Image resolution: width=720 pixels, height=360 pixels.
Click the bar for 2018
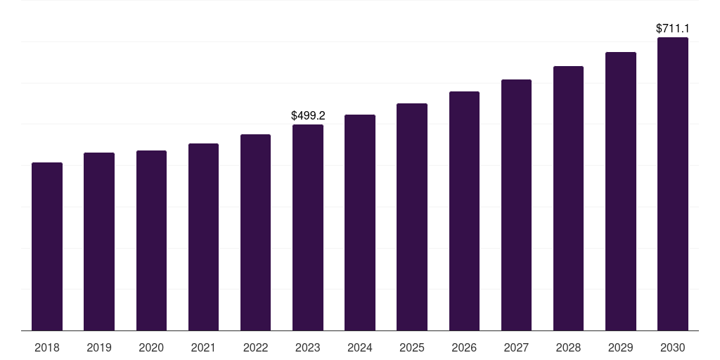pyautogui.click(x=47, y=247)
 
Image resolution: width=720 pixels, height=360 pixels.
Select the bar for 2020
pyautogui.click(x=152, y=240)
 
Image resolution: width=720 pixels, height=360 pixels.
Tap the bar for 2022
pyautogui.click(x=255, y=232)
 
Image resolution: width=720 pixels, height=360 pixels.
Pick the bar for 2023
pyautogui.click(x=308, y=228)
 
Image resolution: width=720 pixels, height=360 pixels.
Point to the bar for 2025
pyautogui.click(x=412, y=217)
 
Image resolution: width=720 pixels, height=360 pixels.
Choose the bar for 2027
pyautogui.click(x=516, y=205)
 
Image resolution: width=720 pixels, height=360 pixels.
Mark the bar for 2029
pyautogui.click(x=621, y=191)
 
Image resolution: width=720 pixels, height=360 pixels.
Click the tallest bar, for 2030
pyautogui.click(x=673, y=184)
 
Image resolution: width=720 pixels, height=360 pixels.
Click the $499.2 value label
pyautogui.click(x=308, y=116)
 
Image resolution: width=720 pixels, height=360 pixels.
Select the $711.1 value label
pyautogui.click(x=673, y=28)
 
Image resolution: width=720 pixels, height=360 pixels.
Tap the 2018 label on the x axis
pyautogui.click(x=47, y=347)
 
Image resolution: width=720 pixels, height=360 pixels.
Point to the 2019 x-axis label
pyautogui.click(x=99, y=347)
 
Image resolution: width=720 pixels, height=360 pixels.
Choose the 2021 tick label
pyautogui.click(x=203, y=347)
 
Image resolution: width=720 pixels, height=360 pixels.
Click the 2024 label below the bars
pyautogui.click(x=360, y=347)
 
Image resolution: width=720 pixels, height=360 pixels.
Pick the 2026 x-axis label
pyautogui.click(x=464, y=347)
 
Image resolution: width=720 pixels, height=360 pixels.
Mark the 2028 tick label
pyautogui.click(x=568, y=347)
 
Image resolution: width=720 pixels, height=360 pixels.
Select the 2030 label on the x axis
pyautogui.click(x=673, y=347)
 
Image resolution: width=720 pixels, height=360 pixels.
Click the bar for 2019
pyautogui.click(x=99, y=242)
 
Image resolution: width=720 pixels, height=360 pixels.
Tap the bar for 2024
pyautogui.click(x=360, y=223)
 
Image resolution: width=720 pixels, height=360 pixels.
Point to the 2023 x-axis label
pyautogui.click(x=308, y=347)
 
